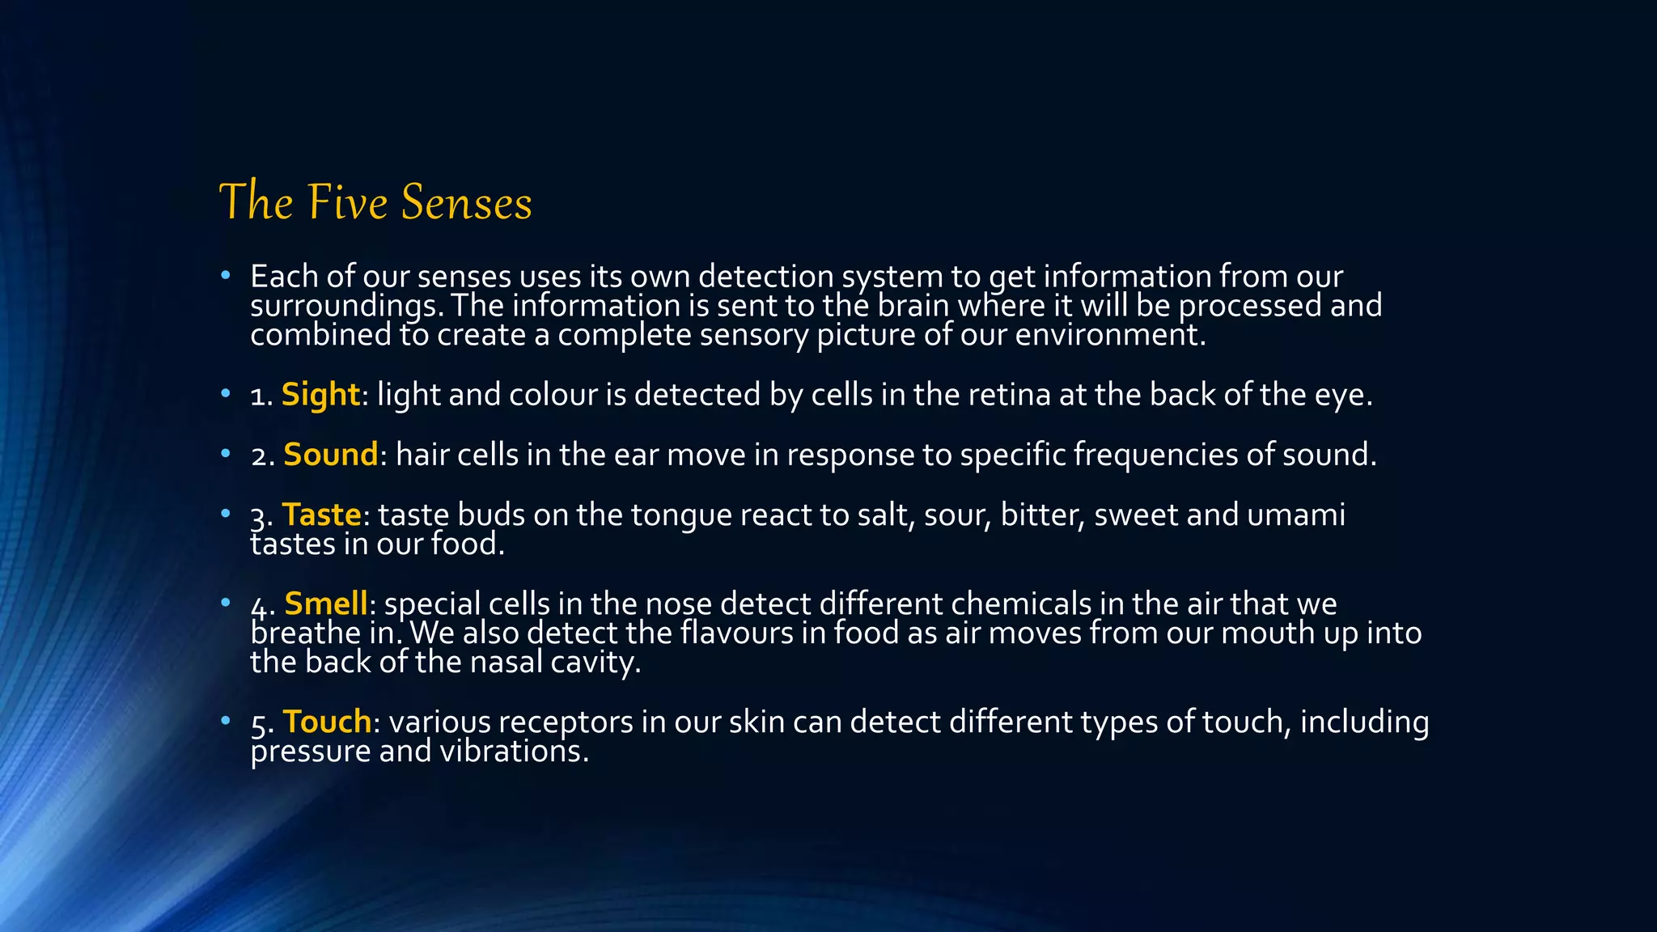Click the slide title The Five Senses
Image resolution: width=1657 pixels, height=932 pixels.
375,201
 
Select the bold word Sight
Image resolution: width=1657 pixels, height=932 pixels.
320,395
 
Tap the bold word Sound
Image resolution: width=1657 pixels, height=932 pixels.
330,455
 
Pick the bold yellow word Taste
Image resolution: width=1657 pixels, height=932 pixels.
321,515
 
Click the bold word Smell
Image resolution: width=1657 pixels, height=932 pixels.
326,604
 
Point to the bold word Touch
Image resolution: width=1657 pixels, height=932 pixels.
327,722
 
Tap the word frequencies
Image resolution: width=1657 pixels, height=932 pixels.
1155,455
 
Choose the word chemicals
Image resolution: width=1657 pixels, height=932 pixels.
1020,604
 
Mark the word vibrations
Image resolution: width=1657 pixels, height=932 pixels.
514,751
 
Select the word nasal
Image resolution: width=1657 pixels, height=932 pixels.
506,662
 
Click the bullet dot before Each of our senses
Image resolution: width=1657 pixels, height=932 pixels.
226,276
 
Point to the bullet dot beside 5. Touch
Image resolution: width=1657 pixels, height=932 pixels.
226,720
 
